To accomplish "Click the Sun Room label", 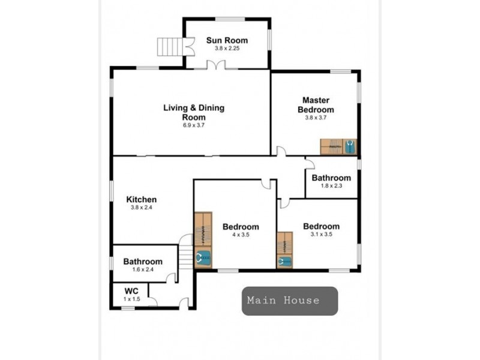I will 227,40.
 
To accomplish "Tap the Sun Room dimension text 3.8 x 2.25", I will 227,49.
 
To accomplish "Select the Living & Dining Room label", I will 194,112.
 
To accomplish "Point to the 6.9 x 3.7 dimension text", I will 194,125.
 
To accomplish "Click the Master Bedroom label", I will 316,105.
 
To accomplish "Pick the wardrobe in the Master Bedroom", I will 338,146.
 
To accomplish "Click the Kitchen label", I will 142,199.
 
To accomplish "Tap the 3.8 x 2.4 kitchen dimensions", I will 142,208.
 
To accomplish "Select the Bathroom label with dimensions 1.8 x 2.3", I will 331,178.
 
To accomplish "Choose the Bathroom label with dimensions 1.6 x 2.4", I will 143,262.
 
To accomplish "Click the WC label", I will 131,290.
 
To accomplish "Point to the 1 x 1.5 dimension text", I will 131,298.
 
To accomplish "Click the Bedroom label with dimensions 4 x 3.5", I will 241,227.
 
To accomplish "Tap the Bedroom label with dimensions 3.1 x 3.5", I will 321,226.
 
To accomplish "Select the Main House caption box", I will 290,301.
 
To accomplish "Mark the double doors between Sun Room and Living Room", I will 216,65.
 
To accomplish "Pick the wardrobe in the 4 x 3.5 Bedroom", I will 203,239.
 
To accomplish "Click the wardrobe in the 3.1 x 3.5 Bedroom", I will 284,250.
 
